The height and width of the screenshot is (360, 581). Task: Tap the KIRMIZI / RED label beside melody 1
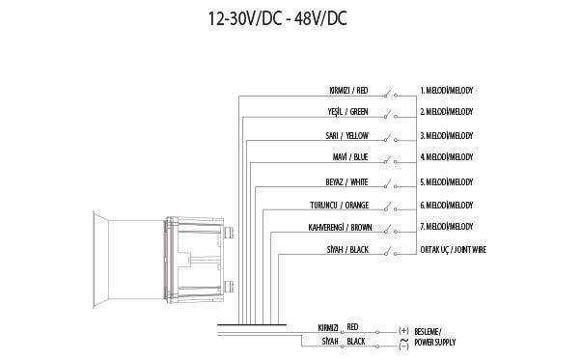348,90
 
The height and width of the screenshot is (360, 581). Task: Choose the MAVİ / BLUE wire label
349,156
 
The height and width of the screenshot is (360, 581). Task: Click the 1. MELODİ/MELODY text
446,90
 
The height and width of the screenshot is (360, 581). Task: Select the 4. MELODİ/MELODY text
446,156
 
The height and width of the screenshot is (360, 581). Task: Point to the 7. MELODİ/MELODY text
446,227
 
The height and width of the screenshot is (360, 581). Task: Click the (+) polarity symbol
402,329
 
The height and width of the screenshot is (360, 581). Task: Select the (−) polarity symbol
402,343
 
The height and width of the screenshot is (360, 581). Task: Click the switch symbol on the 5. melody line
389,181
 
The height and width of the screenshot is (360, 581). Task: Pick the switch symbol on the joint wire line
389,251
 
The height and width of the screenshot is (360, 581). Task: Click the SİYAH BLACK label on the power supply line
340,342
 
